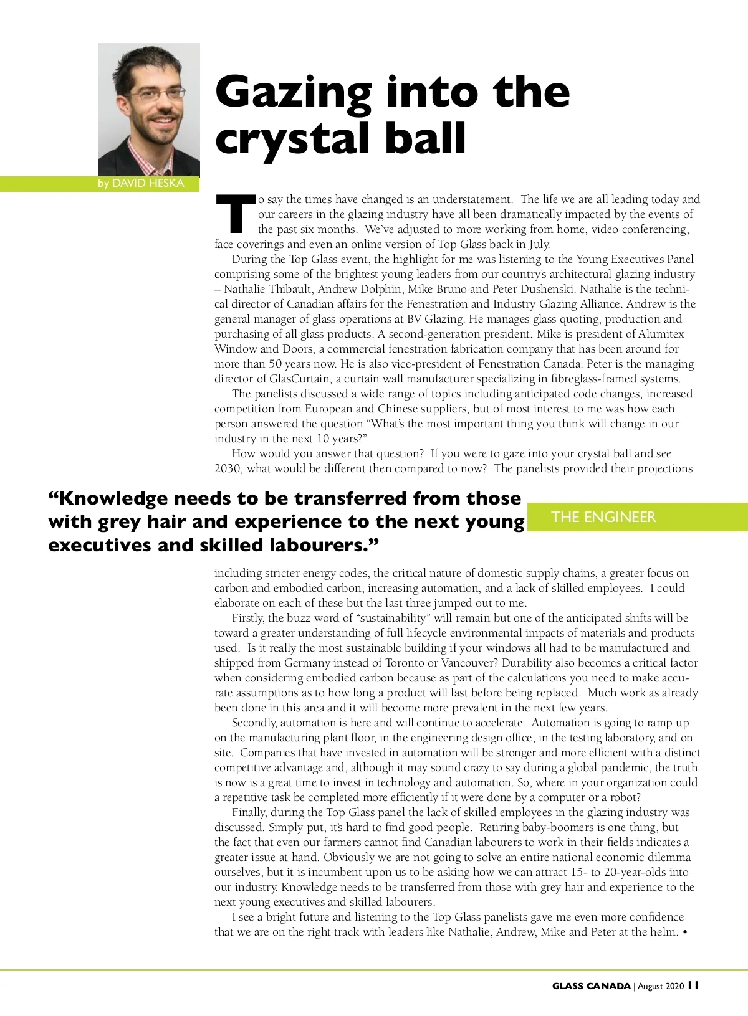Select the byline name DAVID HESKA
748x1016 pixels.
coord(148,183)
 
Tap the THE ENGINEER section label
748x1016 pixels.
coord(603,517)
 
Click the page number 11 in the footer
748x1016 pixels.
coord(693,985)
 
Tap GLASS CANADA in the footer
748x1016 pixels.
coord(591,986)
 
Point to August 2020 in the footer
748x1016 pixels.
coord(661,986)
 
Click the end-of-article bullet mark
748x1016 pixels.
coord(686,933)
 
